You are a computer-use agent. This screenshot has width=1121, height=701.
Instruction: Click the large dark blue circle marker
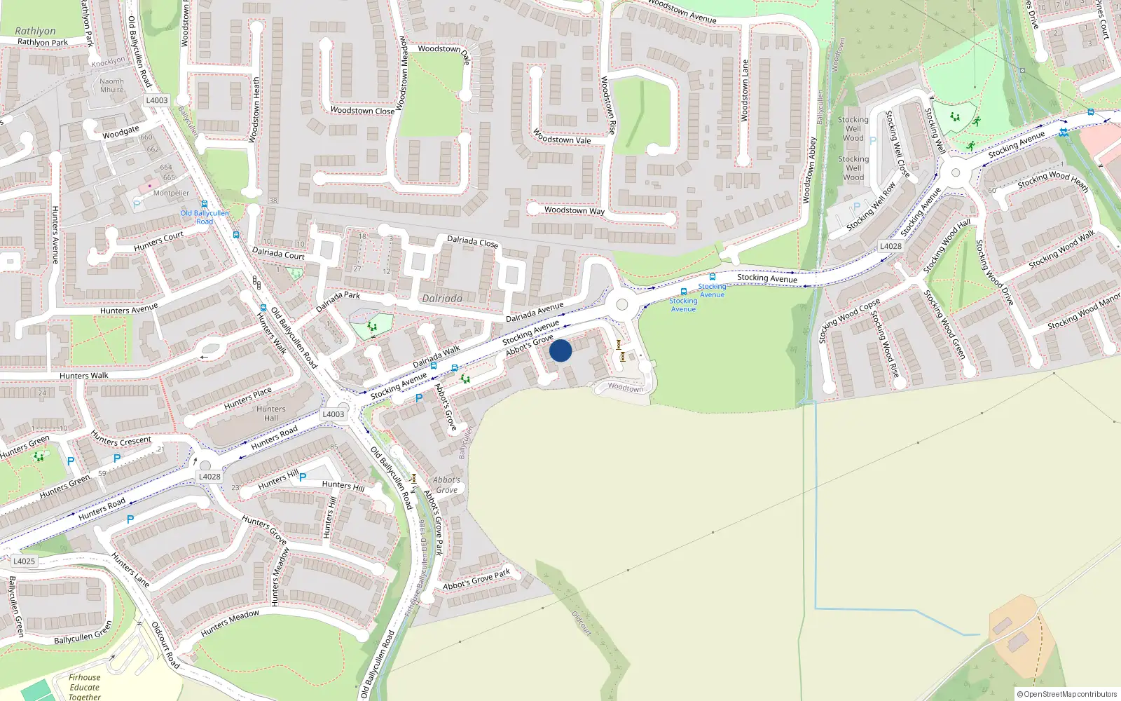(560, 350)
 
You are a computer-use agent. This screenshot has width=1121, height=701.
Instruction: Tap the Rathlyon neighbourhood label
(35, 31)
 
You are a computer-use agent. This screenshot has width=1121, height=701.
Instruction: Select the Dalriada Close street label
(472, 242)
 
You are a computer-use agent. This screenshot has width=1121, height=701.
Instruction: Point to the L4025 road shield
(24, 561)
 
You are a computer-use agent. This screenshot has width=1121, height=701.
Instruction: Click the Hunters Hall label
(271, 414)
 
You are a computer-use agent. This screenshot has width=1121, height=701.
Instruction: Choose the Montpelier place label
(171, 193)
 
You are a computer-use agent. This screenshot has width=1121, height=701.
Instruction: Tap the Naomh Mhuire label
(111, 86)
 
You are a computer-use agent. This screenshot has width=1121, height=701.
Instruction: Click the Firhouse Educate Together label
(85, 687)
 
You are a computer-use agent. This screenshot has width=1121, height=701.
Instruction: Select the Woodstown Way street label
(574, 210)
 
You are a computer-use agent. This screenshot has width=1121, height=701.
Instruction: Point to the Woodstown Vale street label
(562, 136)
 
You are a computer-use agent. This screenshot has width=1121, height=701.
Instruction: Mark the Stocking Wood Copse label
(849, 321)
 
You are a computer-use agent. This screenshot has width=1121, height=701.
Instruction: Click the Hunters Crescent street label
(121, 441)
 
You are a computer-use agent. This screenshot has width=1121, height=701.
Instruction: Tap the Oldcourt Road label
(165, 645)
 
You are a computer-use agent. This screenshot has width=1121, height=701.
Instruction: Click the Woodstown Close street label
(362, 111)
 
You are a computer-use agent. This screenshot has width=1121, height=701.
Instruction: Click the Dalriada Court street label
(278, 253)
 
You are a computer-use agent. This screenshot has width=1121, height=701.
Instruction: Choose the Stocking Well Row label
(871, 207)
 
